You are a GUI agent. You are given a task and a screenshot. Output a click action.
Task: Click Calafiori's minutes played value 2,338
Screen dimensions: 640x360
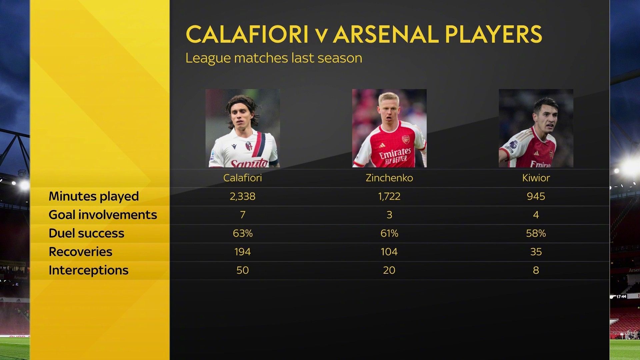click(242, 196)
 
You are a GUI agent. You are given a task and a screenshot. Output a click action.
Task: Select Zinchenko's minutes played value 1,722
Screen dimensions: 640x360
click(389, 196)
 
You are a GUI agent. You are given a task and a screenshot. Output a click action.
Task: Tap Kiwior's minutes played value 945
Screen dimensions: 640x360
click(536, 196)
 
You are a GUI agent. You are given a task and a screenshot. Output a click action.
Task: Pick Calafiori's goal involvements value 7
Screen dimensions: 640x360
click(243, 215)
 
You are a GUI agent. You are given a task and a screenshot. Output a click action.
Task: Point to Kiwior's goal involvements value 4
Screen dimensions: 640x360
click(536, 215)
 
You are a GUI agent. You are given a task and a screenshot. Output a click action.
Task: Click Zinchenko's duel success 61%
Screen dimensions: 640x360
click(389, 233)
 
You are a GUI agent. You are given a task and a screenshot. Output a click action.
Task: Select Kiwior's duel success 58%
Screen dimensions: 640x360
click(536, 233)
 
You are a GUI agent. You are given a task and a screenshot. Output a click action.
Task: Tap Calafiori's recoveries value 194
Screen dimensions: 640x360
click(242, 252)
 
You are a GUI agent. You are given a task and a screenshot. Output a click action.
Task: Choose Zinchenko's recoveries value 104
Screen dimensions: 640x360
click(389, 252)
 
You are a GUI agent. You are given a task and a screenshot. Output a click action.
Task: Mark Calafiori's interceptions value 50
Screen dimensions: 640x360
click(243, 270)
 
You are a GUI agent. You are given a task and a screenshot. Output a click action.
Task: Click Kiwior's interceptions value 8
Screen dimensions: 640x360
click(536, 270)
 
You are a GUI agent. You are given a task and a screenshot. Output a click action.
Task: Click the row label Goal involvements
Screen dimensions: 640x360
click(103, 215)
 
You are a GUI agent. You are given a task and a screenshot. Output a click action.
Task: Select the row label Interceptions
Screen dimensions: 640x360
click(88, 270)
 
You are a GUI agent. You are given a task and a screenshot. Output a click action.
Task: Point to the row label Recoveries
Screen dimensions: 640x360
click(80, 252)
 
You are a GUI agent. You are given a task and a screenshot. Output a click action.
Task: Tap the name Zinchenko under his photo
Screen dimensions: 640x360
click(389, 178)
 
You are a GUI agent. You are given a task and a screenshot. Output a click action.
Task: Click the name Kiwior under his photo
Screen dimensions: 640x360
click(536, 178)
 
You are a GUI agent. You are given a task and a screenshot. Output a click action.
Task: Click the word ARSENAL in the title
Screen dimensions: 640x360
click(386, 34)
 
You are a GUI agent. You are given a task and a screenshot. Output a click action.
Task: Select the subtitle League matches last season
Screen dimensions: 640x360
click(274, 58)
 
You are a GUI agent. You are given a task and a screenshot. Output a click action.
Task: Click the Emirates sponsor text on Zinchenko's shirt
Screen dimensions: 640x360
click(395, 154)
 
